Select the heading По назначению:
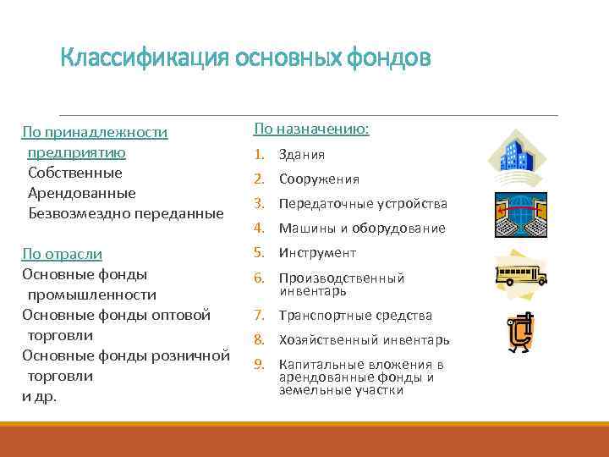(310, 129)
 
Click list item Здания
(301, 155)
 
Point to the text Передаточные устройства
(351, 204)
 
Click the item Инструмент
(317, 253)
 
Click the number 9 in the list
(261, 364)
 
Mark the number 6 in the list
(261, 278)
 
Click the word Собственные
(74, 173)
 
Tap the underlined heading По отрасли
(62, 254)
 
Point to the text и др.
(39, 396)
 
